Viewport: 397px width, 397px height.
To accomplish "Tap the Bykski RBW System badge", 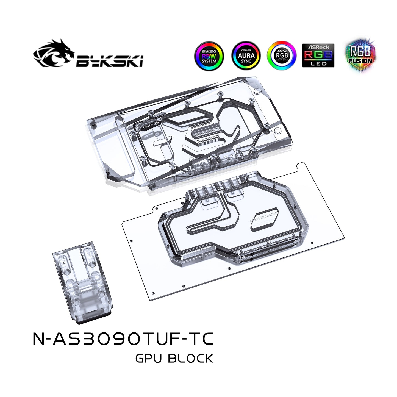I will click(x=209, y=56).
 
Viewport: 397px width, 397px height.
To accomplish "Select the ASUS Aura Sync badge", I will click(x=246, y=56).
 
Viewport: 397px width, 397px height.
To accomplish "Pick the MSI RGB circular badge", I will click(x=282, y=55).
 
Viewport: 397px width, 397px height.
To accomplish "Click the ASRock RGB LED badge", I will click(x=318, y=55).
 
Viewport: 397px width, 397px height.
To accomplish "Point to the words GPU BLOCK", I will click(x=174, y=359).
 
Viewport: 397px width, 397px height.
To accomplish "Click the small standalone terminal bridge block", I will click(x=82, y=280).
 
